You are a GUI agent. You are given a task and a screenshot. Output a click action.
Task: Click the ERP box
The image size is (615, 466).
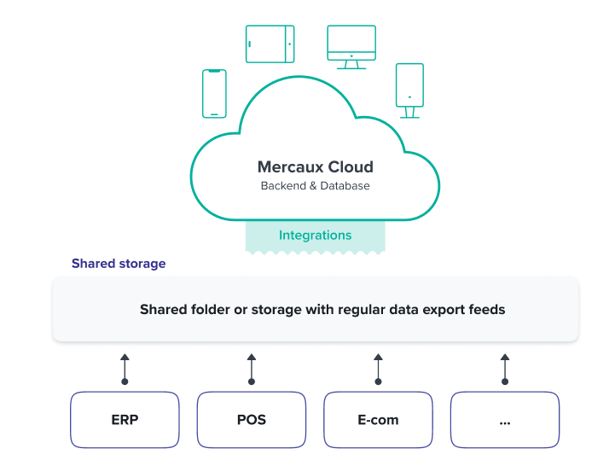[x=125, y=419]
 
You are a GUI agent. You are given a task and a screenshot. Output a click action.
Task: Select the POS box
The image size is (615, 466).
[x=251, y=419]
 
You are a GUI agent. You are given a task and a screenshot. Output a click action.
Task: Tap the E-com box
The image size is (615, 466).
[x=378, y=419]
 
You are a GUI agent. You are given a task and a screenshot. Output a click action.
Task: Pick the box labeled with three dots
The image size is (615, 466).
[x=504, y=419]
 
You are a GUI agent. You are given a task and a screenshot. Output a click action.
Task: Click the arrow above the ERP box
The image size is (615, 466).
[x=125, y=368]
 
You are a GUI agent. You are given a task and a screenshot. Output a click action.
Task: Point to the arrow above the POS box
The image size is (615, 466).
[x=251, y=368]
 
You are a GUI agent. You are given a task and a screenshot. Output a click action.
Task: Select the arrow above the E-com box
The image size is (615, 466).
[x=378, y=368]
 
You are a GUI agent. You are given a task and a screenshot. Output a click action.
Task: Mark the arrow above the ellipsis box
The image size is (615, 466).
[x=504, y=368]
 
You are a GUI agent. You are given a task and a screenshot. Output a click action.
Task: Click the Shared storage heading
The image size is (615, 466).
[x=119, y=264]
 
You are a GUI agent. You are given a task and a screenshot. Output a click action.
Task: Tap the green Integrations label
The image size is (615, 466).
[x=315, y=235]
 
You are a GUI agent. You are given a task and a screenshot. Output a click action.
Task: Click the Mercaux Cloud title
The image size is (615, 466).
[x=315, y=167]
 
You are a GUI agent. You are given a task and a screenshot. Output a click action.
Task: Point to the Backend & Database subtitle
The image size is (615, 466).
[x=315, y=185]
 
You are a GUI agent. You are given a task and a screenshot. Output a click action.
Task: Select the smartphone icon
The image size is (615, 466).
[x=214, y=93]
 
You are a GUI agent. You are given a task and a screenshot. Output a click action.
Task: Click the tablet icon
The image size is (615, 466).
[x=270, y=44]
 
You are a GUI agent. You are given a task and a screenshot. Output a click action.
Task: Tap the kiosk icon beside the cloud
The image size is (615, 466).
[x=409, y=90]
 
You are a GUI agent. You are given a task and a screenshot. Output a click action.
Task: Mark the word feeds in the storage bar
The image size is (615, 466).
[x=485, y=309]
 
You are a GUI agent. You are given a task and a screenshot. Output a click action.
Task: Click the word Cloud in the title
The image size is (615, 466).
[x=351, y=167]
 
